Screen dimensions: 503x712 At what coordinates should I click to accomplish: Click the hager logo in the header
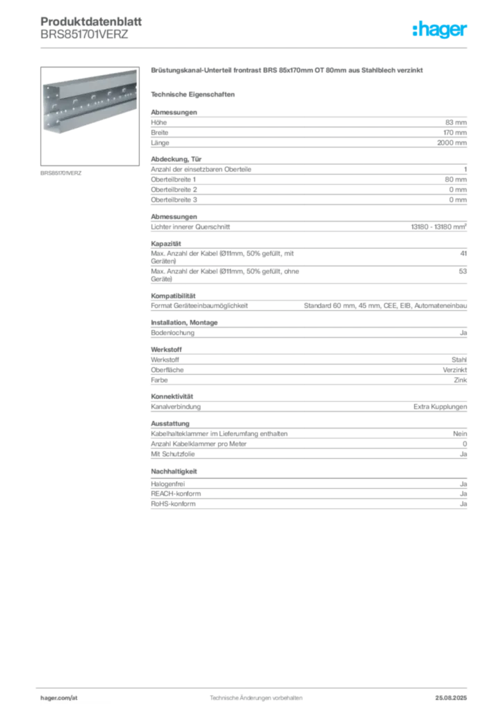point(440,30)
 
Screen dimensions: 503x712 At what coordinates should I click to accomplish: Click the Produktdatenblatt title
point(91,22)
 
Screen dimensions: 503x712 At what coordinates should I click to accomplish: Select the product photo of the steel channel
point(90,116)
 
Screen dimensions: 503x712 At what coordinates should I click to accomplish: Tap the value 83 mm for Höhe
point(456,122)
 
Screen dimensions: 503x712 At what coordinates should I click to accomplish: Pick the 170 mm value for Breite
point(455,133)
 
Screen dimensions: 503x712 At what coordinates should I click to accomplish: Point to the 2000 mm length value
point(452,143)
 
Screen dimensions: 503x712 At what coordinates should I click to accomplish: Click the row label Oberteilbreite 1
point(173,179)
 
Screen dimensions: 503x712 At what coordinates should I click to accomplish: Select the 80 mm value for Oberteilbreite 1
point(456,179)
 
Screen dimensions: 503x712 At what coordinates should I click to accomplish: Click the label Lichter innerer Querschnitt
point(190,227)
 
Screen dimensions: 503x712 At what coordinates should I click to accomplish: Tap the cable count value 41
point(463,253)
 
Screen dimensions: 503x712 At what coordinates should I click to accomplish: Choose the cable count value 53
point(463,271)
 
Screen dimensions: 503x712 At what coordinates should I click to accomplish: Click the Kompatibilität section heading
point(173,296)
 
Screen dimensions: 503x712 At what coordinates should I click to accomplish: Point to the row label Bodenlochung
point(173,332)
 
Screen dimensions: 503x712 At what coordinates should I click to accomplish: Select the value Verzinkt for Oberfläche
point(455,370)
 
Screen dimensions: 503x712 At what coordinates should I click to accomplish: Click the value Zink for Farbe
point(461,380)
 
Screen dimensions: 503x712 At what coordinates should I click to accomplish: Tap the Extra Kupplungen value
point(440,406)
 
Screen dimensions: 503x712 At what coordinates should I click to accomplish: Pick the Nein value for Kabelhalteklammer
point(460,434)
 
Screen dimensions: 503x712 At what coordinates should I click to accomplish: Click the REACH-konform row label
point(176,494)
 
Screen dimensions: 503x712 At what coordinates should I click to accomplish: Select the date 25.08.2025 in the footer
point(451,698)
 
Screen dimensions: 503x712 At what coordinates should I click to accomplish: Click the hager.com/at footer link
point(59,698)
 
